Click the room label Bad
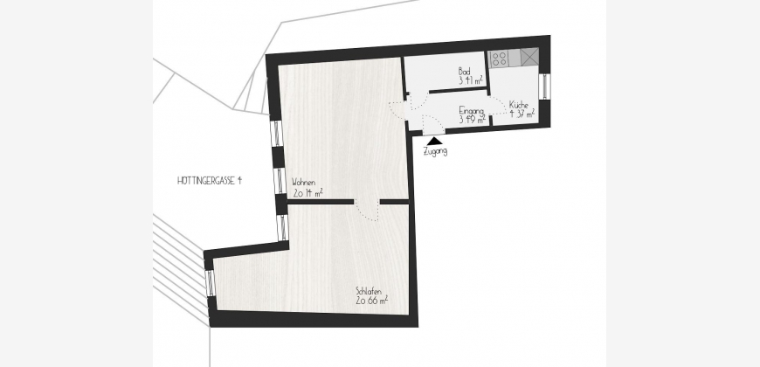click(x=465, y=72)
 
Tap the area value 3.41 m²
click(x=470, y=80)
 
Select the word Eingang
click(x=471, y=111)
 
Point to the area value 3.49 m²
click(x=472, y=120)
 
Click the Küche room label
click(x=519, y=105)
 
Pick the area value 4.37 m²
click(x=522, y=114)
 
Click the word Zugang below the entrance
click(x=435, y=151)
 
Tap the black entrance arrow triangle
click(x=435, y=141)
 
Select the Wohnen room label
click(x=303, y=183)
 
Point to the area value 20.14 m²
click(x=307, y=193)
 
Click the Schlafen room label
click(x=369, y=291)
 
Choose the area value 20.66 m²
click(x=372, y=301)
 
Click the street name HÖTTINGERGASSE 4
click(x=210, y=181)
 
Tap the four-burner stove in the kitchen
click(x=499, y=59)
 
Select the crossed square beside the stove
click(x=529, y=57)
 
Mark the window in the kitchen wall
click(x=544, y=86)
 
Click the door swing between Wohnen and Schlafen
click(x=367, y=211)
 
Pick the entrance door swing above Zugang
click(x=432, y=125)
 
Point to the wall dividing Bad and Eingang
click(x=457, y=90)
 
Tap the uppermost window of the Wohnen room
click(x=276, y=133)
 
